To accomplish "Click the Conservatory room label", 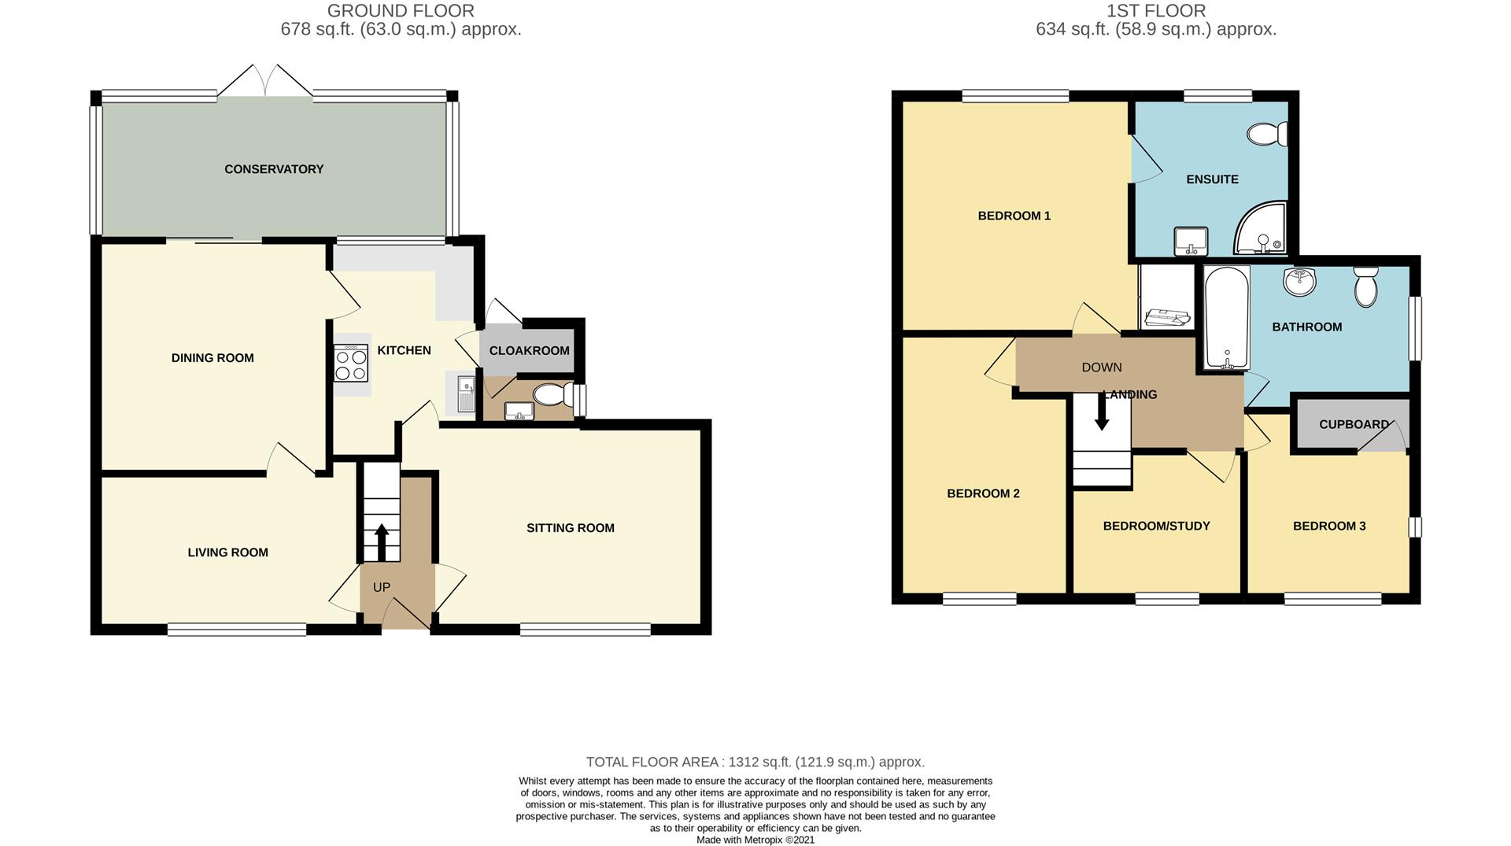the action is [x=274, y=169].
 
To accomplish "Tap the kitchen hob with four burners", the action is [x=351, y=364].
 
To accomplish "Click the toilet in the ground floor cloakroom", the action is [x=554, y=393].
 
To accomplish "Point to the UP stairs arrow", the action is [x=382, y=541].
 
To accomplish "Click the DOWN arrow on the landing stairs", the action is [x=1102, y=412].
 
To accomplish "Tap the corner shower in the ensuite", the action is [x=1261, y=229].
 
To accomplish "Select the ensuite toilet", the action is [x=1268, y=134].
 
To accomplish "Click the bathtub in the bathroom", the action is [x=1226, y=319].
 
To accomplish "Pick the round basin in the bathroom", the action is [x=1299, y=282].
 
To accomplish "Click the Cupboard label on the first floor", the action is [x=1354, y=424].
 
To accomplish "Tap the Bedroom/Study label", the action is [x=1156, y=526].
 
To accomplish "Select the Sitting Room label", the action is [x=571, y=528].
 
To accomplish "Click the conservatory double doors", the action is [x=265, y=80].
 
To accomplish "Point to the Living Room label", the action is [x=227, y=552].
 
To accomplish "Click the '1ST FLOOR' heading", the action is [x=1156, y=11].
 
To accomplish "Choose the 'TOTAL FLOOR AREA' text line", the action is [x=755, y=762].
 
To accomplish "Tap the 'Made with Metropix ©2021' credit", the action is [x=755, y=840].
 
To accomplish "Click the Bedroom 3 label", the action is [x=1329, y=526].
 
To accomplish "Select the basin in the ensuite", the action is [x=1190, y=241].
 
